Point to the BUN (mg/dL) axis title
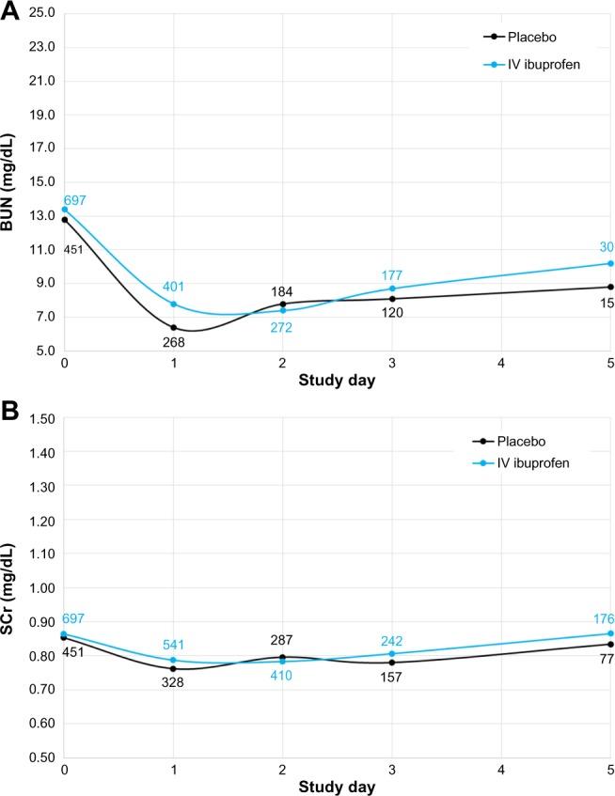click(x=10, y=182)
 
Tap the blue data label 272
click(x=282, y=328)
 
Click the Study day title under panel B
click(x=338, y=785)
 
